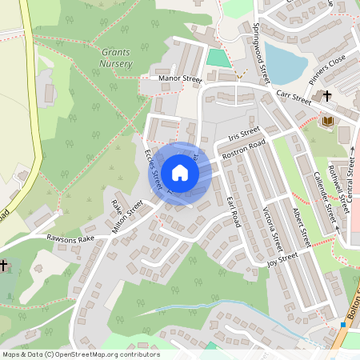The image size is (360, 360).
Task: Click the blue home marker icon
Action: point(180,172)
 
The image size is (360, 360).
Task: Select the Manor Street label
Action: point(181,79)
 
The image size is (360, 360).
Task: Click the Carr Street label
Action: point(294,97)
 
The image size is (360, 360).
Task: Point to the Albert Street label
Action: point(300,227)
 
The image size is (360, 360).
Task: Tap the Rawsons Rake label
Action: point(70,238)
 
